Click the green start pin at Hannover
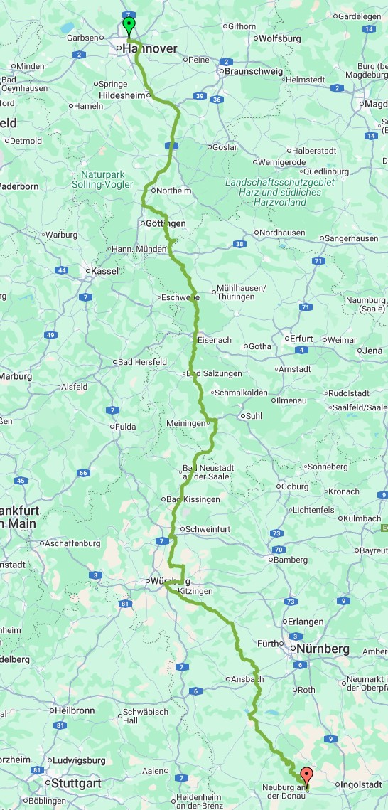(129, 26)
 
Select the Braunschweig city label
(253, 71)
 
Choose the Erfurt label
(302, 339)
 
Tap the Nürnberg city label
(323, 649)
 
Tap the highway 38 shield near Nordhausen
(239, 244)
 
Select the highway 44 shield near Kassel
(63, 270)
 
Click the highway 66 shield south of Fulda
(84, 473)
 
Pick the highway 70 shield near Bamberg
(279, 549)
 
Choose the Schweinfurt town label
(205, 529)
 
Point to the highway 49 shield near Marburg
(50, 334)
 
